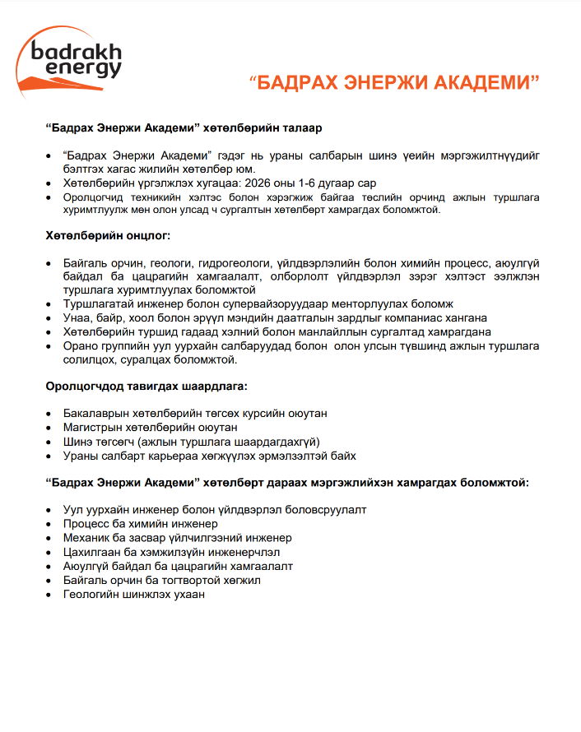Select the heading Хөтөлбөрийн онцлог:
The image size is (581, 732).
108,236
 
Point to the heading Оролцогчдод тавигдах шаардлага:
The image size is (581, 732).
146,385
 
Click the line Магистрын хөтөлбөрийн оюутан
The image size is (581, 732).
151,428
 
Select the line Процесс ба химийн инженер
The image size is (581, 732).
141,523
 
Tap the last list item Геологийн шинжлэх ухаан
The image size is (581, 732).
134,593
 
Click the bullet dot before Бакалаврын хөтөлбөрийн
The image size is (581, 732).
51,414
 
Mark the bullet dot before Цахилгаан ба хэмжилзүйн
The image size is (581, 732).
51,551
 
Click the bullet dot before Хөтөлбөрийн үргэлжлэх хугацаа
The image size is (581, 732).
51,183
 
